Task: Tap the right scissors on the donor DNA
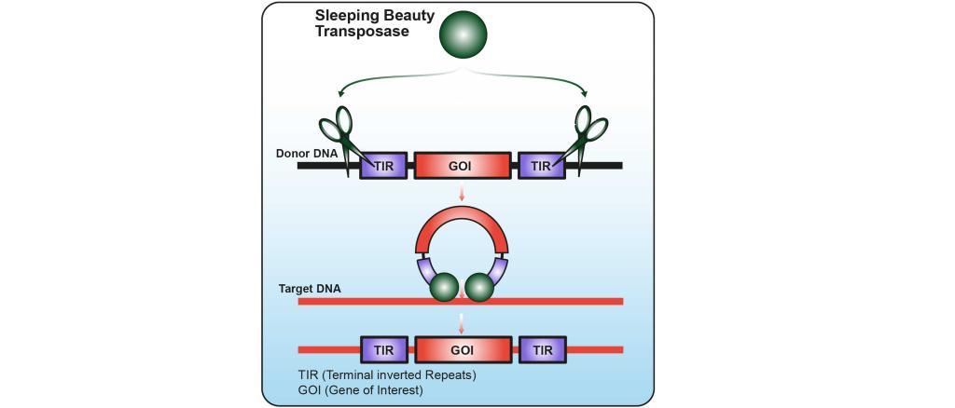point(584,141)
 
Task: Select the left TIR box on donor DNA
point(384,166)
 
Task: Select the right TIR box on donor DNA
point(542,166)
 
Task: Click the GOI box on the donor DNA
point(463,166)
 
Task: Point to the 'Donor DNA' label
point(303,154)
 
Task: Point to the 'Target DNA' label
point(310,288)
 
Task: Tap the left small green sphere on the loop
point(444,287)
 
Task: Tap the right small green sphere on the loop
point(479,287)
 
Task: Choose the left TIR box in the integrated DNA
point(384,350)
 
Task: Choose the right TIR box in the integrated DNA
point(542,350)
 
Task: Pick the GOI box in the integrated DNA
point(463,350)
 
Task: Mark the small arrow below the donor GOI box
point(462,193)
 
